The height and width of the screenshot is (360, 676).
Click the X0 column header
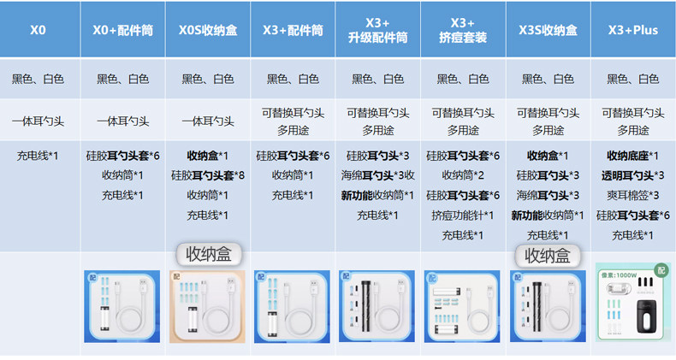[38, 30]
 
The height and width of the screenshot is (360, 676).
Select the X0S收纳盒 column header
[208, 30]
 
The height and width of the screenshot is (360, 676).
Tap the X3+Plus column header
[633, 30]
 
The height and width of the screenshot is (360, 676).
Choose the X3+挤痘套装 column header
[462, 30]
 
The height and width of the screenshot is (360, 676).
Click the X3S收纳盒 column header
[548, 30]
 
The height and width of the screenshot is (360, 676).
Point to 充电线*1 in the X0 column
[38, 156]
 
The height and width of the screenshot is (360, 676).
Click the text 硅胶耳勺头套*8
[208, 175]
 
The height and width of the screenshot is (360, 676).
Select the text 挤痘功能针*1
[462, 215]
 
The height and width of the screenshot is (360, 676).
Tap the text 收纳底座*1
[633, 156]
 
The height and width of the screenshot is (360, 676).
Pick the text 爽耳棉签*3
[633, 195]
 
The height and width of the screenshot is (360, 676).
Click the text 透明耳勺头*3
[633, 175]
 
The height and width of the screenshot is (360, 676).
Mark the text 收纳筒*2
[462, 175]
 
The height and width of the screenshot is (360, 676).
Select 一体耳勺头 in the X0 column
[38, 121]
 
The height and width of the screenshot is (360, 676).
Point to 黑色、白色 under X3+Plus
[633, 79]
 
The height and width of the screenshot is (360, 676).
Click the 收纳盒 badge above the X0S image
[209, 255]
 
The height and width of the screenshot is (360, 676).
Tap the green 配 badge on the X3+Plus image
[660, 270]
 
